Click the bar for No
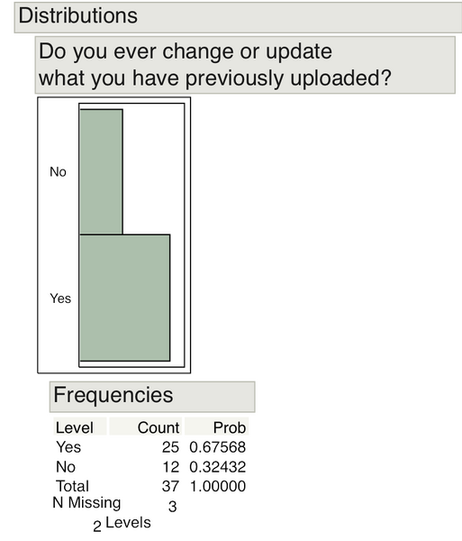point(101,171)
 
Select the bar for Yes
point(124,298)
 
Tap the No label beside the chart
point(59,171)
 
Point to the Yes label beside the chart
point(60,298)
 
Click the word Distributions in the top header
point(78,16)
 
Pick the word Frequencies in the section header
point(113,395)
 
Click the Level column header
point(74,427)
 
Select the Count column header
point(159,427)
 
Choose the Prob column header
point(230,427)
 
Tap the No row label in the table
point(65,466)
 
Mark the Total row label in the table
point(73,486)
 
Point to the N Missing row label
point(87,504)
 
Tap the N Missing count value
point(173,506)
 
